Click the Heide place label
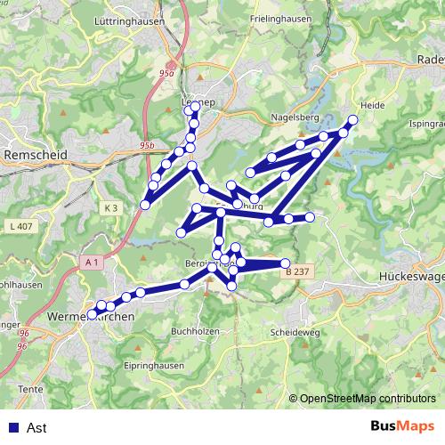coord(372,105)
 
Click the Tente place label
coord(30,389)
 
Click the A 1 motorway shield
coord(92,263)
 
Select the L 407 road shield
coord(24,227)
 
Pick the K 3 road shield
coord(110,207)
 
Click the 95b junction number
coord(148,144)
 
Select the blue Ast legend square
coord(12,427)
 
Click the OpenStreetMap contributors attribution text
coord(368,399)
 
